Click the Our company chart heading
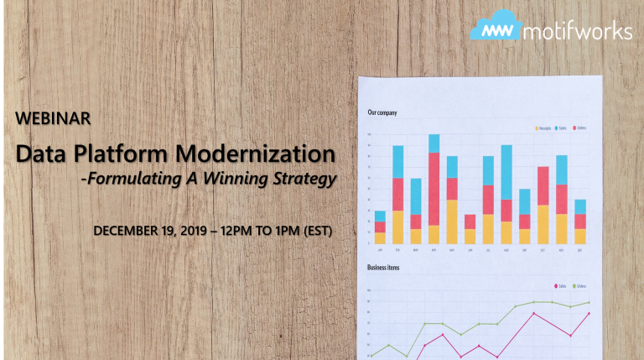pyautogui.click(x=382, y=112)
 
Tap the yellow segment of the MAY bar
pyautogui.click(x=452, y=222)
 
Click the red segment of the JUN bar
pyautogui.click(x=470, y=222)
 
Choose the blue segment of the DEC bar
pyautogui.click(x=579, y=206)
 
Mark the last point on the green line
pyautogui.click(x=589, y=302)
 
